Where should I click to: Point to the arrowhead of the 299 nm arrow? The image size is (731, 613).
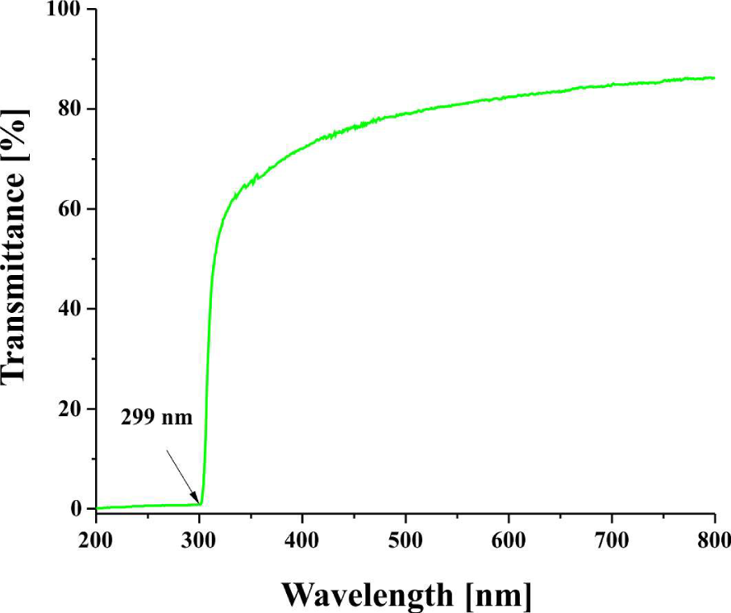click(x=197, y=502)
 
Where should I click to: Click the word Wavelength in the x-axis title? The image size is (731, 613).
click(x=367, y=595)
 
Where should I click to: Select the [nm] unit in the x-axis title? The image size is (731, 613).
click(x=500, y=595)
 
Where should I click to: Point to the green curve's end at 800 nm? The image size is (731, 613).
click(x=714, y=77)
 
